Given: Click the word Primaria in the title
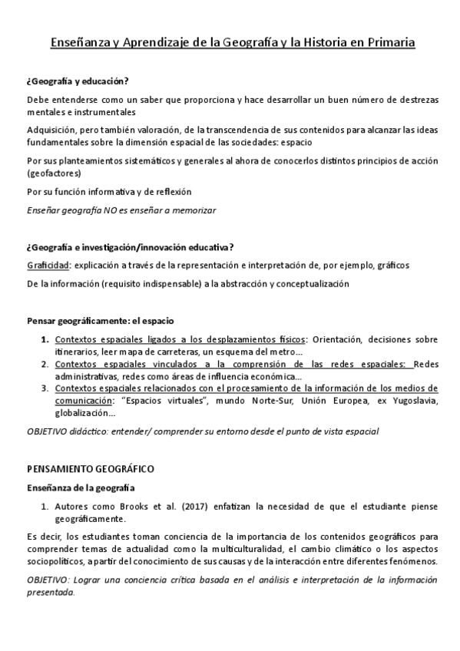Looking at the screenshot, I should point(387,44).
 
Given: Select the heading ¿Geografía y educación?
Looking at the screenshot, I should point(78,81).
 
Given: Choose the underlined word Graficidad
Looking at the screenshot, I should point(48,266).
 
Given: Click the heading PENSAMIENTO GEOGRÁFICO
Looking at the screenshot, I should point(91,468).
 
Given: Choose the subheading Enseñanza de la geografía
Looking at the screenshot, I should point(81,487).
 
